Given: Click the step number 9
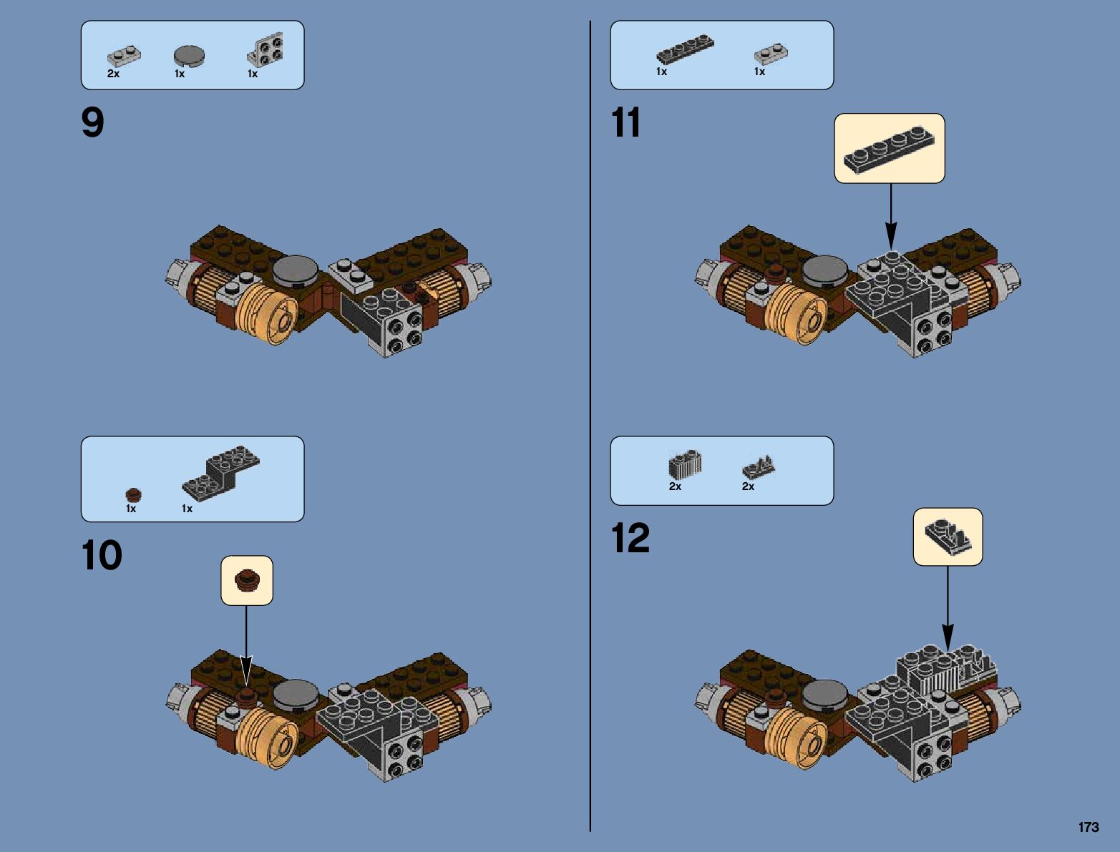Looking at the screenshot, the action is click(93, 124).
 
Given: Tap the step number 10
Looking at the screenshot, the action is click(102, 555).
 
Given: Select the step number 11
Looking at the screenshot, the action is click(625, 124).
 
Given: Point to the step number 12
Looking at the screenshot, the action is click(630, 539).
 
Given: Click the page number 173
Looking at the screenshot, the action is click(1088, 827).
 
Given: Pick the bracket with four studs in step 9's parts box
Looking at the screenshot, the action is click(266, 51).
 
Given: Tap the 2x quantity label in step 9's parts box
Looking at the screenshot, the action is click(113, 74).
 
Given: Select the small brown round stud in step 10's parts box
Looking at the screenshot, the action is click(134, 494).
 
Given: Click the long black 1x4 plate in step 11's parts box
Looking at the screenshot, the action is click(685, 50).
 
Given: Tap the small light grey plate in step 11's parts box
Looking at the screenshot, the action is click(771, 53).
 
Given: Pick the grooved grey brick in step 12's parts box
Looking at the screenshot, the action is click(685, 466).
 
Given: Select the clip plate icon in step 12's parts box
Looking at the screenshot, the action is click(759, 466).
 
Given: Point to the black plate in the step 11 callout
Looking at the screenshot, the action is click(889, 149).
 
